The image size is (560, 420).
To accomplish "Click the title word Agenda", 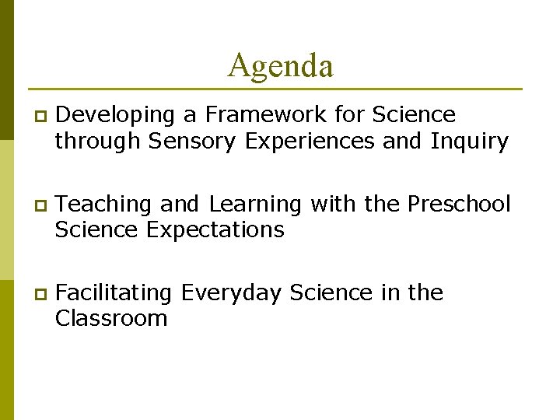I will tap(281, 65).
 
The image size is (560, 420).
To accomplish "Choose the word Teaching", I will tap(105, 204).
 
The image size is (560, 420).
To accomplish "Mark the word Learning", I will tap(254, 205).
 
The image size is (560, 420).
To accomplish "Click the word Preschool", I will tap(459, 204).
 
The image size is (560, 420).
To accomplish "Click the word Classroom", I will tap(111, 319).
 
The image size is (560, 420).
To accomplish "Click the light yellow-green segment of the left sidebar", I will tap(6, 210).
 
